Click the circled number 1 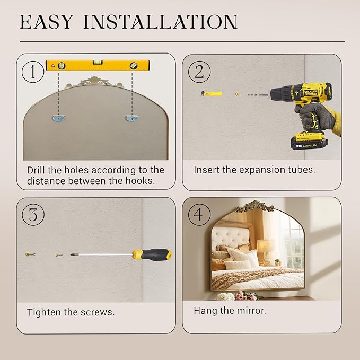tap(32, 72)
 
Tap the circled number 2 tap(199, 72)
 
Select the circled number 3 tap(32, 215)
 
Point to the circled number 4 tap(199, 215)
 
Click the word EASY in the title tap(47, 22)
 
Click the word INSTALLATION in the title tap(160, 22)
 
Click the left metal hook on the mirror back tap(59, 118)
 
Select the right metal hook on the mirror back tap(131, 118)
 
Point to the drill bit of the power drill tap(258, 94)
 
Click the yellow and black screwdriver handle tap(152, 254)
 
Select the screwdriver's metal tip tap(73, 254)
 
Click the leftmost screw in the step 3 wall tap(30, 254)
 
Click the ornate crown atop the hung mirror tap(255, 206)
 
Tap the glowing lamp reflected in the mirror tap(266, 246)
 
